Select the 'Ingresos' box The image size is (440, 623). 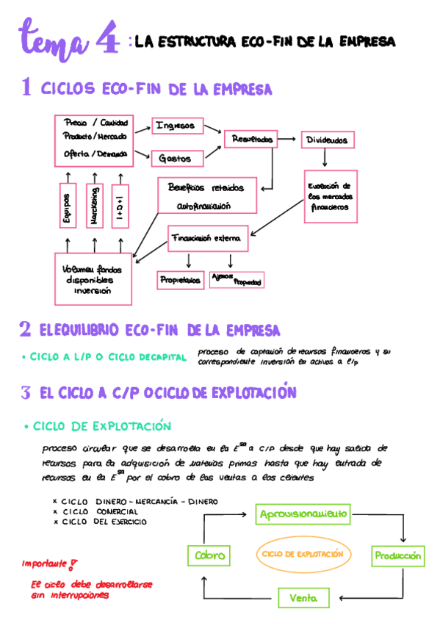coord(176,126)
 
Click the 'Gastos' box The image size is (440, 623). coord(176,158)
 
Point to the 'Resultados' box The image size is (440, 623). coord(252,139)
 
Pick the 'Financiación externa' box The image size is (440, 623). coord(209,240)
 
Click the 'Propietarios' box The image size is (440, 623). coord(180,280)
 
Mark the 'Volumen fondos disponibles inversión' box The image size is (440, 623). coord(93,278)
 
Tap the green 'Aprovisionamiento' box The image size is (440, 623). coord(303,514)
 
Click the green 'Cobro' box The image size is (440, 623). coord(209,555)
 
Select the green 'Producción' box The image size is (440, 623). coord(397,556)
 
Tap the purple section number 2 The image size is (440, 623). coord(25,328)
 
